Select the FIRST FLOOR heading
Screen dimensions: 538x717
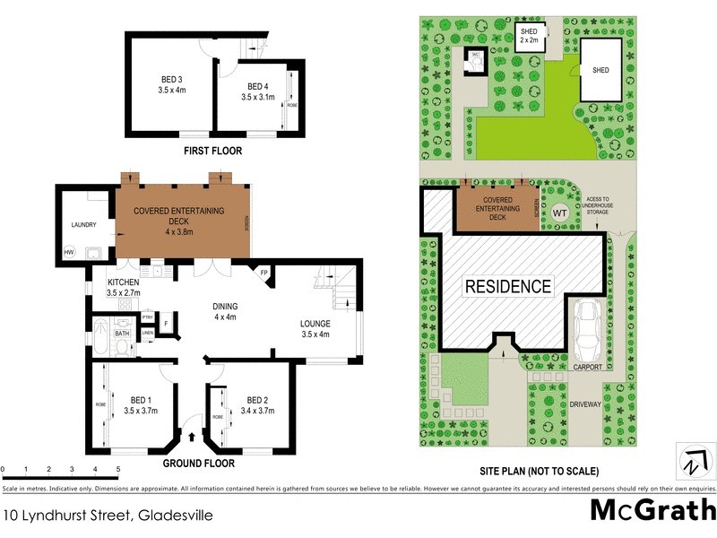coord(212,152)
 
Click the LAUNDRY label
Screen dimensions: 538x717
coord(78,225)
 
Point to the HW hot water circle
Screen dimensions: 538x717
coord(68,252)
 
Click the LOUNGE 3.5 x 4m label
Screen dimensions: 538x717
coord(315,329)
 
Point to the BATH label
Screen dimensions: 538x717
coord(121,334)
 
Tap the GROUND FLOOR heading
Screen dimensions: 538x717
coord(199,464)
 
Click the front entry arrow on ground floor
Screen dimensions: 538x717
coord(192,437)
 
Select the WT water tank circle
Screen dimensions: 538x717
coord(559,213)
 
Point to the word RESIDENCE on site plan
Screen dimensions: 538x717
coord(508,287)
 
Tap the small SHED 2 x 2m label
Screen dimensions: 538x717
coord(530,35)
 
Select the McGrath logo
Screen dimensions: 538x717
coord(652,509)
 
